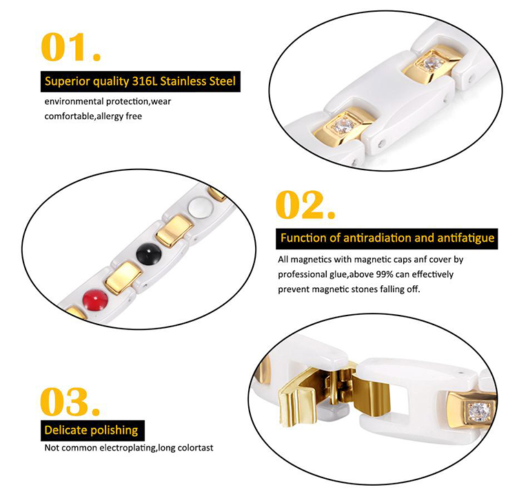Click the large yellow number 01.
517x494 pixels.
tap(70, 47)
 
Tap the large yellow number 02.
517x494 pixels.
tap(305, 205)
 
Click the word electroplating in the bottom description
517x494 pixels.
tap(128, 448)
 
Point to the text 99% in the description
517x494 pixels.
tap(385, 274)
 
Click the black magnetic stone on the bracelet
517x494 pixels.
tap(149, 253)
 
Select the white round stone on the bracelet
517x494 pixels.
tap(200, 207)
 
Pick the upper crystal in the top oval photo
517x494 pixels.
tap(432, 63)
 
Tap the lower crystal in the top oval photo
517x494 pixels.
tap(341, 125)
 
